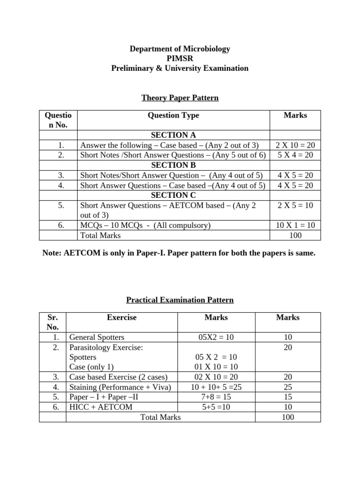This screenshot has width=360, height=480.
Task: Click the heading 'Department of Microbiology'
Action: point(180,49)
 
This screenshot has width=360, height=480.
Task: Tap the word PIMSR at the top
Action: point(180,59)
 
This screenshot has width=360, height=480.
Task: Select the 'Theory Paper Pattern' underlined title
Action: point(180,98)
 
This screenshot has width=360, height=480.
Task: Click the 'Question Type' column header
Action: point(173,115)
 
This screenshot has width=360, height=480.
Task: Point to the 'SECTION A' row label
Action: point(173,135)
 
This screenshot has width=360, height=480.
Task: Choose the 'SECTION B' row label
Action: point(173,165)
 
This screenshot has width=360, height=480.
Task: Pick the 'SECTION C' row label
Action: point(173,195)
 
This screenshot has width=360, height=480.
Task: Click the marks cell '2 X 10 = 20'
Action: point(295,145)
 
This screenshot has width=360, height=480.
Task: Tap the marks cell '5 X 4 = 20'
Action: point(295,155)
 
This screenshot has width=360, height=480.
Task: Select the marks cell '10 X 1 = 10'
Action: point(295,225)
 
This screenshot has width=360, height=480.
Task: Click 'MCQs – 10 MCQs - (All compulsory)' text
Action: point(145,225)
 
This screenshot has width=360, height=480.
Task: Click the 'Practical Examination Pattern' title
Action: point(180,300)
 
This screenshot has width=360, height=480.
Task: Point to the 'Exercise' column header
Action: point(122,317)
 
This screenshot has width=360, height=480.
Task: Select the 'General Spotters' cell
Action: point(97,337)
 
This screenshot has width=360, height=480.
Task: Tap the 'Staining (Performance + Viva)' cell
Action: point(120,387)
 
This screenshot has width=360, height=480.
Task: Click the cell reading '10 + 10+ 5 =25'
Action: point(216,387)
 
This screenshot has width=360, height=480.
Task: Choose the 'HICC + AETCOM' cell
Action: point(101,407)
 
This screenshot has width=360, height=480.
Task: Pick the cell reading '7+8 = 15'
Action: point(216,397)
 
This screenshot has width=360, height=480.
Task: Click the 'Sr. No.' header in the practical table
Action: point(52,322)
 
